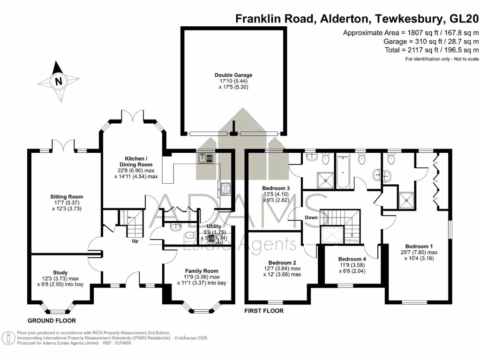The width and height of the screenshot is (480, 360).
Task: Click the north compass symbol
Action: [x=58, y=81]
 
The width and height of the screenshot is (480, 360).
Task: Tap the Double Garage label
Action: [x=233, y=75]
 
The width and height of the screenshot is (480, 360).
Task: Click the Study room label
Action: [x=60, y=272]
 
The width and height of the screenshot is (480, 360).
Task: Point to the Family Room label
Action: [x=202, y=271]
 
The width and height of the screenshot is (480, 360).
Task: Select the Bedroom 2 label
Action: [x=282, y=262]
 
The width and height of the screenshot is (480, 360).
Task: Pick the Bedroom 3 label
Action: [x=276, y=188]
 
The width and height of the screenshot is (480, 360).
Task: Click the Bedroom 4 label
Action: [x=352, y=259]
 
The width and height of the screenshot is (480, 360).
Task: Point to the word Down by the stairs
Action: [x=311, y=217]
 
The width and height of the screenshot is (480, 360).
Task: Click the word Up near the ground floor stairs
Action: [x=135, y=242]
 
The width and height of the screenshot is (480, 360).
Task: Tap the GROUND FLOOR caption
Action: [x=52, y=321]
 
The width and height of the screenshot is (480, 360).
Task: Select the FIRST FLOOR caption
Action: [x=264, y=311]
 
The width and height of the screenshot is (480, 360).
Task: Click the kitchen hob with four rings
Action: [x=225, y=189]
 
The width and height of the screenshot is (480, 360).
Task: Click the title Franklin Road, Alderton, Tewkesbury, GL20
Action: [x=357, y=19]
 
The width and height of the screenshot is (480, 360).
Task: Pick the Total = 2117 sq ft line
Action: [x=431, y=50]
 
